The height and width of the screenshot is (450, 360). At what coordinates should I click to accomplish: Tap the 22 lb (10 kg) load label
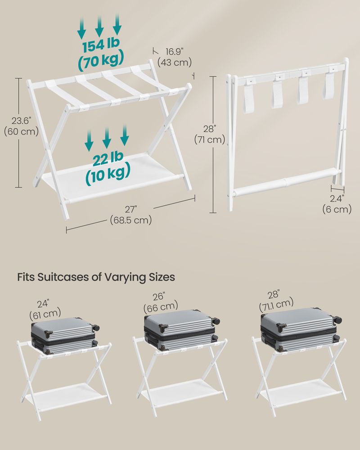pos(108,167)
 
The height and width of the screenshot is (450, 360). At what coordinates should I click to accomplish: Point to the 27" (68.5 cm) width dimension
pos(131,215)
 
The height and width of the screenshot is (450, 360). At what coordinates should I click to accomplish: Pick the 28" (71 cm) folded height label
pos(210,135)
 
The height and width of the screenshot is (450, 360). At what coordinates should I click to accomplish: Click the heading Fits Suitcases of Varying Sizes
pos(96,277)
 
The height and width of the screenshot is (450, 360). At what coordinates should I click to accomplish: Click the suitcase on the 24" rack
pos(64,334)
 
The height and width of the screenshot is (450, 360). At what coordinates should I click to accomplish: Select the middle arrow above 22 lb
pos(107,137)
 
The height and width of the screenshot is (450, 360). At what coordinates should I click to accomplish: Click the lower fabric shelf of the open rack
pos(112,180)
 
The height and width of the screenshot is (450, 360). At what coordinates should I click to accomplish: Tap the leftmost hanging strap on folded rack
pos(248,97)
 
